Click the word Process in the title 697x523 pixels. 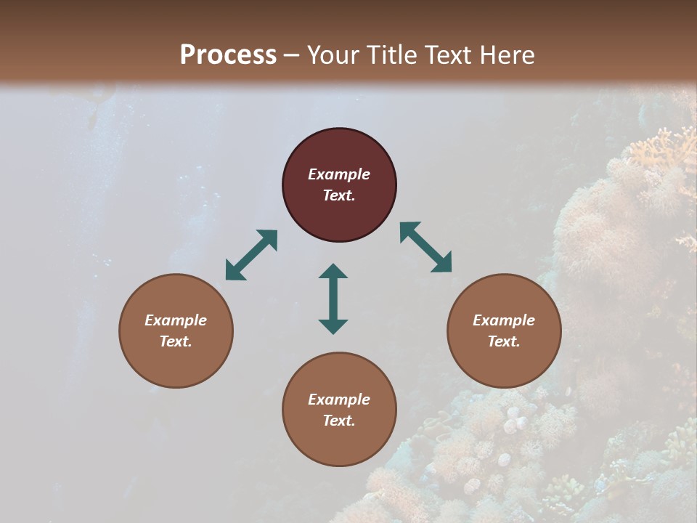[228, 55]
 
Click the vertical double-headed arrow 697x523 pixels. [333, 299]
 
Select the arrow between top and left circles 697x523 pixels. [251, 255]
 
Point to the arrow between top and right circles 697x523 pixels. [425, 247]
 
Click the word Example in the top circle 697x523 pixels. [339, 174]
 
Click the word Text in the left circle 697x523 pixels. [175, 341]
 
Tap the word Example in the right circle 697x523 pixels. [504, 320]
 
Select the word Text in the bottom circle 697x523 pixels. [338, 421]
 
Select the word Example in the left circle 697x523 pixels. [176, 320]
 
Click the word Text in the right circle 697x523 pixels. [503, 341]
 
